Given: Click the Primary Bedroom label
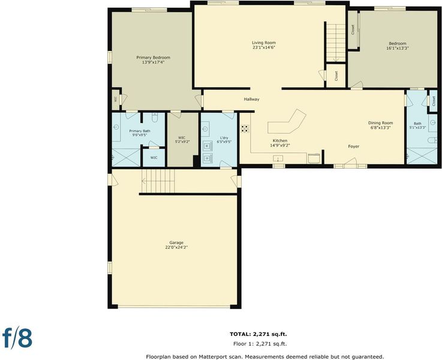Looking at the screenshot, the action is click(x=153, y=58).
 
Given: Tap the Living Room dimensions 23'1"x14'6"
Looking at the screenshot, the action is click(x=264, y=47).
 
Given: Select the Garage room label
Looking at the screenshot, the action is click(x=176, y=242).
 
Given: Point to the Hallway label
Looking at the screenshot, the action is click(x=251, y=99).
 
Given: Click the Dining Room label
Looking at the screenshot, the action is click(x=380, y=123).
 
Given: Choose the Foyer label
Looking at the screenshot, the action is click(x=353, y=146).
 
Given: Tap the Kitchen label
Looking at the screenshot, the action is click(x=280, y=140).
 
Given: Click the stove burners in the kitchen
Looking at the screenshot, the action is click(x=245, y=129).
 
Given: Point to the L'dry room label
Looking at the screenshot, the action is click(x=224, y=138).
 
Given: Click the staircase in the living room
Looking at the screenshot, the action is click(x=336, y=43).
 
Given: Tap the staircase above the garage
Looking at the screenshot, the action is click(x=158, y=181).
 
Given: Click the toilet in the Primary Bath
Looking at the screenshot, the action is click(x=155, y=117).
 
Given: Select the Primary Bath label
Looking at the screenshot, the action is click(x=140, y=131).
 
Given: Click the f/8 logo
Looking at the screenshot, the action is click(x=17, y=337).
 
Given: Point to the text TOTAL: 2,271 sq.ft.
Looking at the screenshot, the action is click(x=258, y=334).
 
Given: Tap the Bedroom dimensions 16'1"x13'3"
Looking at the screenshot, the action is click(x=398, y=48).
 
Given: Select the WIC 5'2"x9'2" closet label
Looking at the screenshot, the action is click(x=182, y=140).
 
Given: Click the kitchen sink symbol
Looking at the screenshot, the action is click(x=278, y=159).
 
